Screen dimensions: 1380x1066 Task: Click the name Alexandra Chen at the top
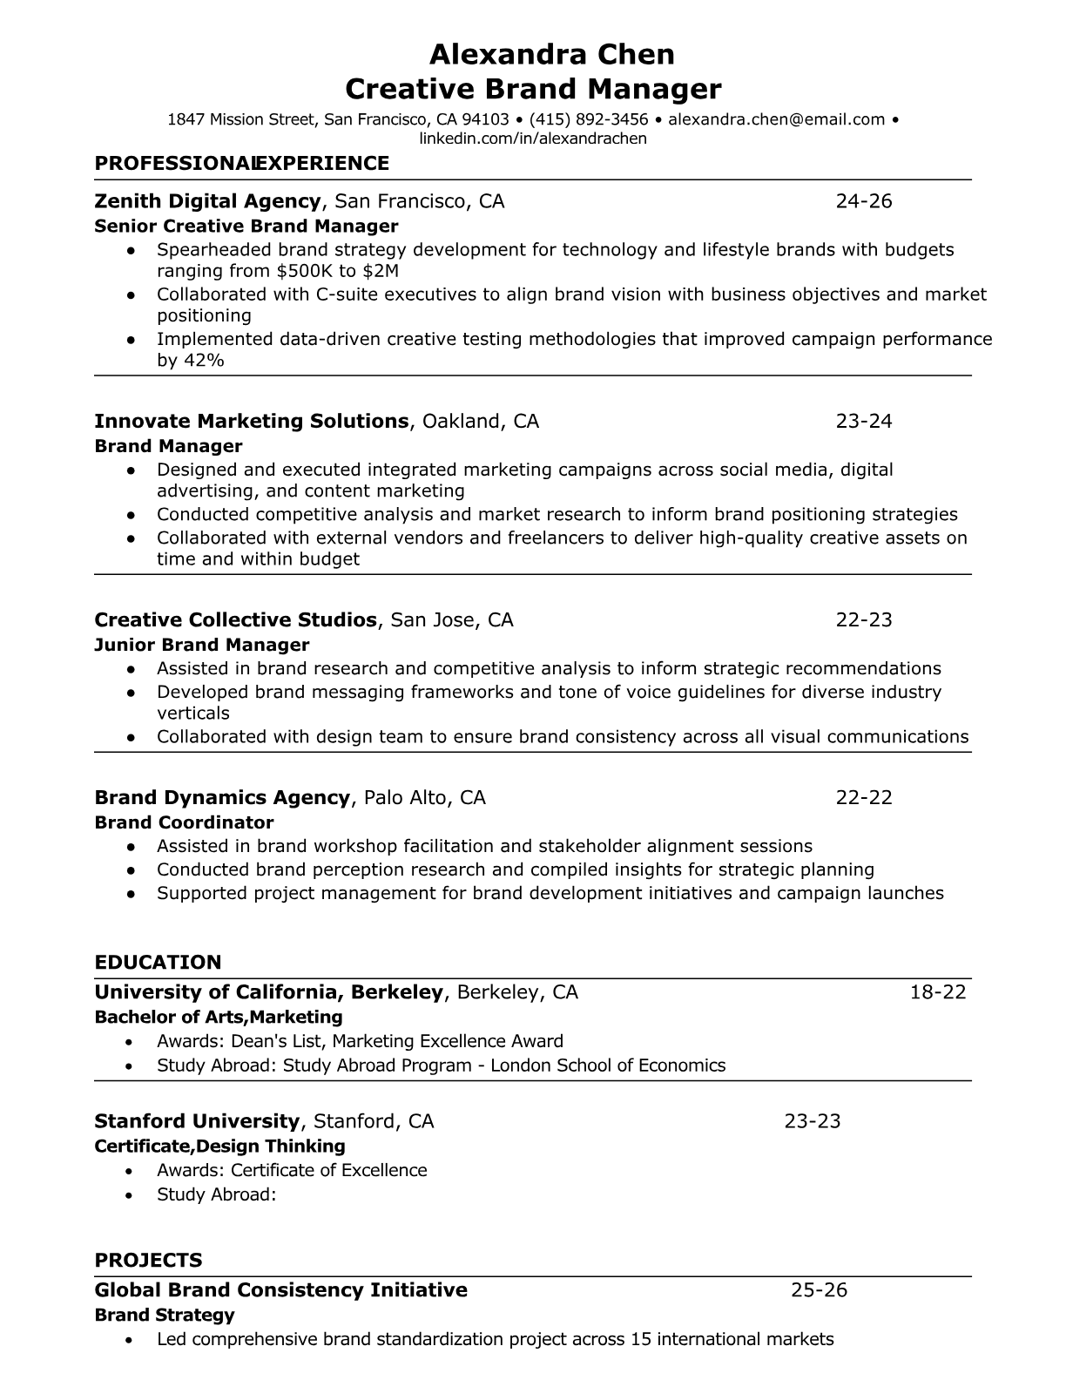(x=552, y=55)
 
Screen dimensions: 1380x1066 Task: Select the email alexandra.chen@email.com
(x=777, y=119)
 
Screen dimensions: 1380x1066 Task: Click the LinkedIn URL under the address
(x=533, y=139)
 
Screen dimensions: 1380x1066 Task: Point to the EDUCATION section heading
(x=158, y=962)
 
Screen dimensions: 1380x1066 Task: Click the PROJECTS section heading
(x=148, y=1260)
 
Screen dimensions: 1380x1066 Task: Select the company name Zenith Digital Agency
(x=207, y=201)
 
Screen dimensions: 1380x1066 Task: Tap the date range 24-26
(x=864, y=201)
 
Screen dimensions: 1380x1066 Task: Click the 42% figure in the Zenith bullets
(x=204, y=360)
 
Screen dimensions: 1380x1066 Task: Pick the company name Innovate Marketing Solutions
(x=251, y=421)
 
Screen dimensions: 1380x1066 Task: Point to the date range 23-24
(x=864, y=421)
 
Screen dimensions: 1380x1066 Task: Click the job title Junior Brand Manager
(x=201, y=645)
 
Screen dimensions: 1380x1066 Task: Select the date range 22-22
(x=864, y=797)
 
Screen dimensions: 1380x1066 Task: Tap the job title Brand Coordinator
(x=184, y=822)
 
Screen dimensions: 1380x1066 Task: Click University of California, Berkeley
(x=269, y=991)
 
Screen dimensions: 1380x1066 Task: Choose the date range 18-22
(x=938, y=991)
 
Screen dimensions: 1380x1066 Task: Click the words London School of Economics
(x=608, y=1065)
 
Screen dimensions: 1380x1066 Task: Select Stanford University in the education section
(x=197, y=1120)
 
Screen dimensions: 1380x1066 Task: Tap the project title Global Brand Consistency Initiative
(x=280, y=1289)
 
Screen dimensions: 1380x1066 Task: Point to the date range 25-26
(x=819, y=1289)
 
